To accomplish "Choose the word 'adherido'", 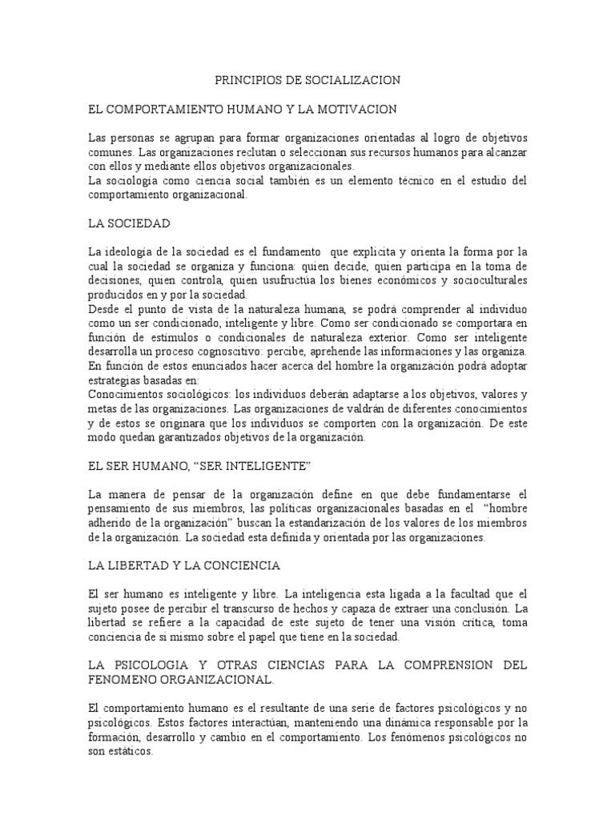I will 111,524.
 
